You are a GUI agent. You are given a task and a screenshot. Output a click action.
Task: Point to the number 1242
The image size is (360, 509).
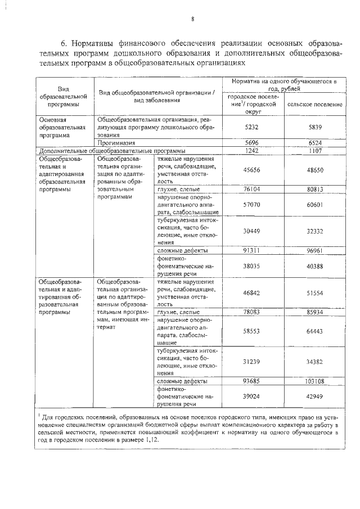tap(253, 151)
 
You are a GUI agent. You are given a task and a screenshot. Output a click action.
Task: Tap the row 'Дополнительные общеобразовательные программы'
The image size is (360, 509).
tap(110, 151)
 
